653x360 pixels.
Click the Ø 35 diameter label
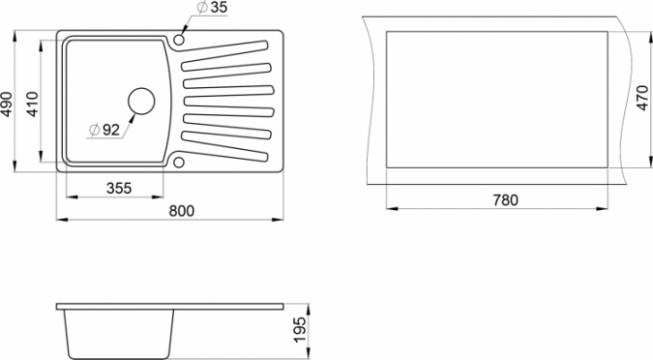click(213, 8)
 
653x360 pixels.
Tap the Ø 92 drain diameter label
click(104, 130)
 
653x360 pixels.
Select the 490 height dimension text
click(7, 105)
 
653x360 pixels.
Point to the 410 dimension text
click(32, 105)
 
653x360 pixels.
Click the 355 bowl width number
click(119, 189)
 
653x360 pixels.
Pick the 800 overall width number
click(182, 211)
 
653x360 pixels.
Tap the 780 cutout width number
click(506, 200)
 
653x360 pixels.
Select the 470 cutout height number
click(642, 98)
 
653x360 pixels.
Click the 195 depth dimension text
click(300, 330)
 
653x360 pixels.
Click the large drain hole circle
click(141, 102)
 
